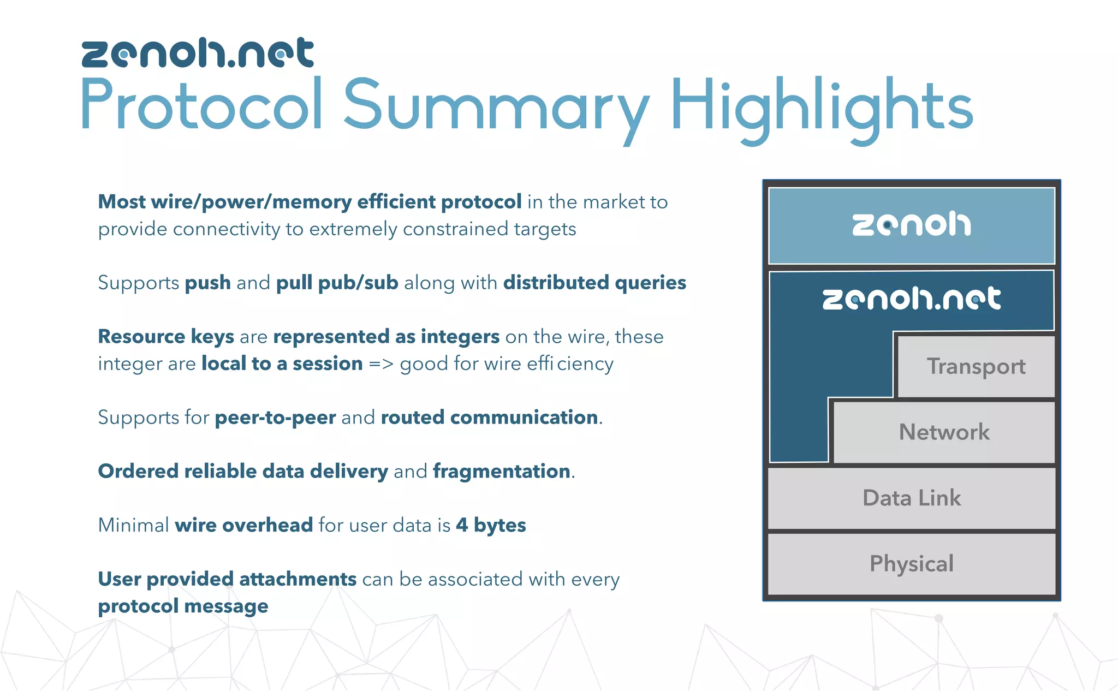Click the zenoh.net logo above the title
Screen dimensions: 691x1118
(x=198, y=53)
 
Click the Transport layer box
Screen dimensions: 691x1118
(x=976, y=366)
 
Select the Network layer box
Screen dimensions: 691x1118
(x=944, y=432)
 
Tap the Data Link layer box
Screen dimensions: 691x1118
(x=911, y=498)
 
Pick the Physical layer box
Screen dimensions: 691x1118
(x=911, y=564)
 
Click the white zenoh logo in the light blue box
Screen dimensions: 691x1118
(x=911, y=224)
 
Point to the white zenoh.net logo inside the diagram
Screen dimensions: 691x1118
(x=911, y=299)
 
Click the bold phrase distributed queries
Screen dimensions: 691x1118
(x=594, y=283)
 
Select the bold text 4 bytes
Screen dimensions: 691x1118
(x=491, y=525)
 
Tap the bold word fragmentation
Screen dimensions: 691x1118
(x=502, y=472)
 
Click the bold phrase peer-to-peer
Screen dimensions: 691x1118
(x=275, y=418)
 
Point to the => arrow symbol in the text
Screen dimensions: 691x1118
(x=381, y=364)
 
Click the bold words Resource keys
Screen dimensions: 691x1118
(x=166, y=337)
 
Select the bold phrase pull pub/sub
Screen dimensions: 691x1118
(x=337, y=283)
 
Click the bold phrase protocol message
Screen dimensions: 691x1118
(x=183, y=606)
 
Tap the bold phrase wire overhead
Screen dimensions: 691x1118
(x=243, y=525)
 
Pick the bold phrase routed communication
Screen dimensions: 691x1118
(x=489, y=418)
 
